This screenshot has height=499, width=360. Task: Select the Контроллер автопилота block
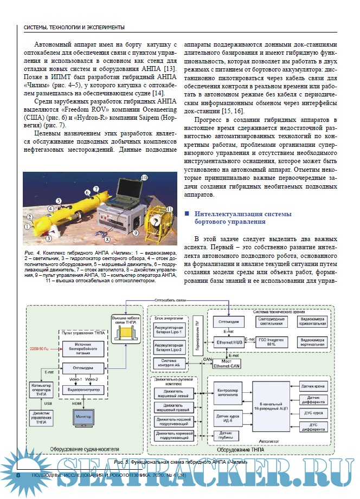pyautogui.click(x=227, y=393)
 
